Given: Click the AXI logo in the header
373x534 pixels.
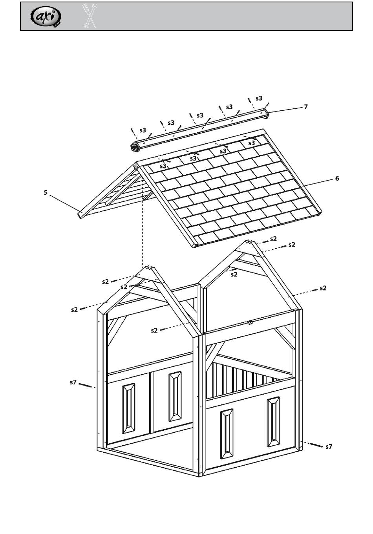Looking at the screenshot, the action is [46, 16].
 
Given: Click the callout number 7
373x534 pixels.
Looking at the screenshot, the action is [305, 107].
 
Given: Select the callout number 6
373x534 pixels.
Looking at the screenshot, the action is [337, 178].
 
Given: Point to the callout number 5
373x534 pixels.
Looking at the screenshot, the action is [46, 192].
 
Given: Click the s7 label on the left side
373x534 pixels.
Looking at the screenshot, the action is [73, 382].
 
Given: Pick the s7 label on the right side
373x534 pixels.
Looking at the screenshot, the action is [329, 446].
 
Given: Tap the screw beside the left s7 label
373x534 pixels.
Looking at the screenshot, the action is [86, 385].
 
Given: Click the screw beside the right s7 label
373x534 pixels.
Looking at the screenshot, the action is [316, 445].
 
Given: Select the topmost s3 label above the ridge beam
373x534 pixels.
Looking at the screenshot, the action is [259, 99].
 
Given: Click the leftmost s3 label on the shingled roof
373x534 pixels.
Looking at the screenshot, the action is [163, 166].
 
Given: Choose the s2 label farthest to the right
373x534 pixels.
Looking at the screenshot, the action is [323, 288].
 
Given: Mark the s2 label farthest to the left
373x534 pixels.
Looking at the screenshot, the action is [75, 310].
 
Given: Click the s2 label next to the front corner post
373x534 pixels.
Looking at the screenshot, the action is [154, 331].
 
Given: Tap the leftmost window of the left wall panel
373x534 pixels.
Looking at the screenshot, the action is [128, 408].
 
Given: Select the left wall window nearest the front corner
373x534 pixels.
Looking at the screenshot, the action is [175, 396].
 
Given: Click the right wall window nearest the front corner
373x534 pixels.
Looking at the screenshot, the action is [227, 434].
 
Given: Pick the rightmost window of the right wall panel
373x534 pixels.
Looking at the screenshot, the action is [274, 422].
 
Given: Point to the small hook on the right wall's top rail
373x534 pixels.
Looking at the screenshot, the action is [249, 323].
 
